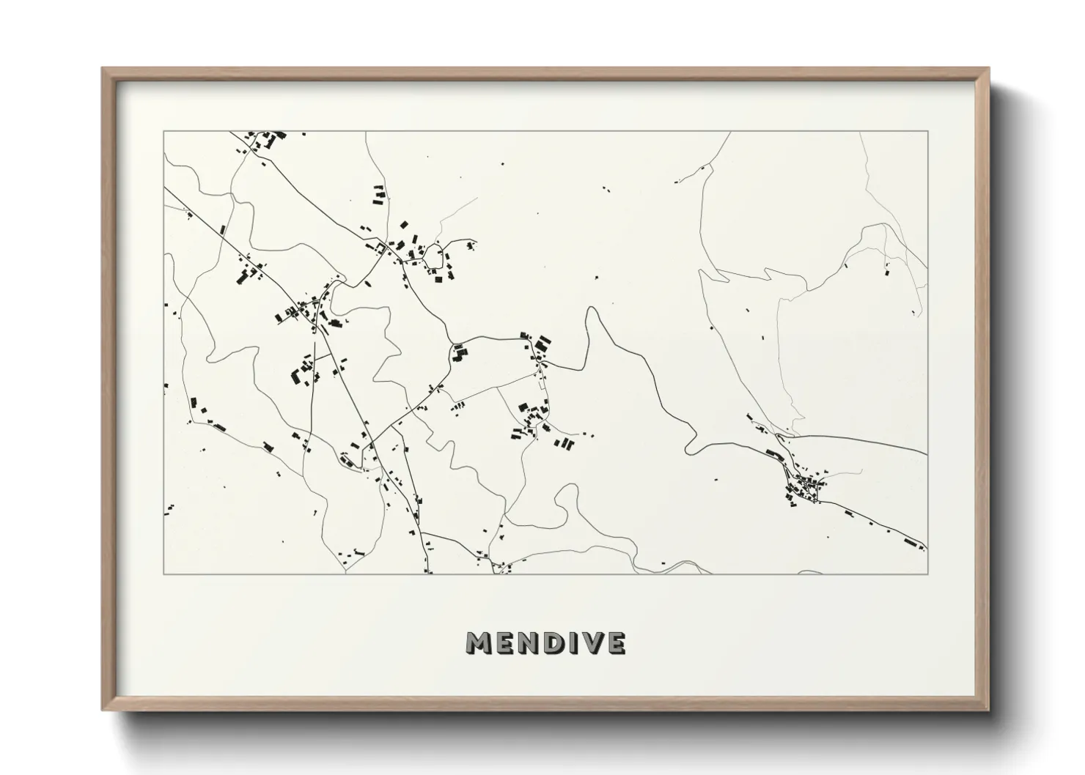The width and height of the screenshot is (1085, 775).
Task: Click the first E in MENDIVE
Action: (501, 643)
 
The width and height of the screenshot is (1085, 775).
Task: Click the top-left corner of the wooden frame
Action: (103, 69)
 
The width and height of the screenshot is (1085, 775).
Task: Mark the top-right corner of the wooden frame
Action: (989, 69)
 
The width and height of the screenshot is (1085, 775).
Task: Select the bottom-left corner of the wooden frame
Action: (103, 710)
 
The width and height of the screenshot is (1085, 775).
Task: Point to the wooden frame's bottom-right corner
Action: (989, 710)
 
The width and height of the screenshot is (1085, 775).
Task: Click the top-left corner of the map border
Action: (164, 132)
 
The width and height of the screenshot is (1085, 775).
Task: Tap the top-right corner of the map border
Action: (928, 132)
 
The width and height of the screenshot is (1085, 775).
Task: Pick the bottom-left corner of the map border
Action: (164, 574)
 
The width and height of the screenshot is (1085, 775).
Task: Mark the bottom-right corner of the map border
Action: (928, 574)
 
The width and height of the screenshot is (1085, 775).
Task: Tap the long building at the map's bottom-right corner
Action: (911, 543)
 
